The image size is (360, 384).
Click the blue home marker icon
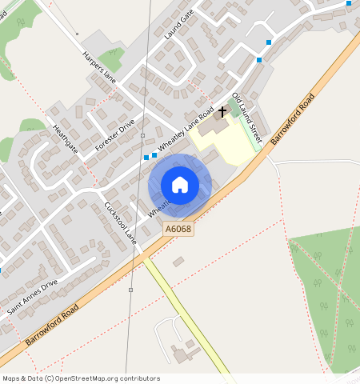point(180,185)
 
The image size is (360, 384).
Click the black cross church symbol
point(222,112)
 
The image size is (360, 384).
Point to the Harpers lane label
point(99,68)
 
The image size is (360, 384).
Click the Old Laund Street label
point(246,113)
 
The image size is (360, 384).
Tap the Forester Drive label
point(115,134)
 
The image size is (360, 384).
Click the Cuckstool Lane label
point(120,222)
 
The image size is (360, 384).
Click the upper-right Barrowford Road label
point(292,119)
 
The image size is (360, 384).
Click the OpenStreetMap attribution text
point(81,378)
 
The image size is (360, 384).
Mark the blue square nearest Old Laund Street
point(258,60)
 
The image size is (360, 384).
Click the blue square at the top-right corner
point(349,3)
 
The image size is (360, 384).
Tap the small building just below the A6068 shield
point(178,261)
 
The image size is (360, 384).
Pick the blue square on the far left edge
point(1,270)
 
